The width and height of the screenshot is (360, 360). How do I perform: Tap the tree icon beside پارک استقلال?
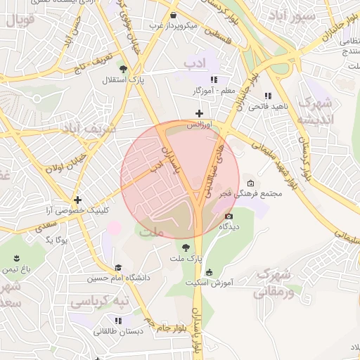[124, 69]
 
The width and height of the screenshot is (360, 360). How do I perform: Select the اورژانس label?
[199, 124]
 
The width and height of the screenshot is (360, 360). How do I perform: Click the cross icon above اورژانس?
[200, 113]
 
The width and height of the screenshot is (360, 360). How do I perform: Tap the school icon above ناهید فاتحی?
[267, 96]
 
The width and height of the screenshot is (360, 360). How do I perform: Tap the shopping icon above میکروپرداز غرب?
[173, 15]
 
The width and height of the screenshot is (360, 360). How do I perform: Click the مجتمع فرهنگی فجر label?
[276, 193]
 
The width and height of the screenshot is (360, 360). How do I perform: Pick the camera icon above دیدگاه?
[229, 216]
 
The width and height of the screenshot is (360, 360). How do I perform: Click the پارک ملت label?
[185, 259]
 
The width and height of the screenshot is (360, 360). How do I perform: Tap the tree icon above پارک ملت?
[185, 247]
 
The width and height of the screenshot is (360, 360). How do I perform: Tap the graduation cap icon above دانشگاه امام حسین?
[118, 267]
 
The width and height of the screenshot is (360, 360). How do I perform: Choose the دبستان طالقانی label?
[120, 330]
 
